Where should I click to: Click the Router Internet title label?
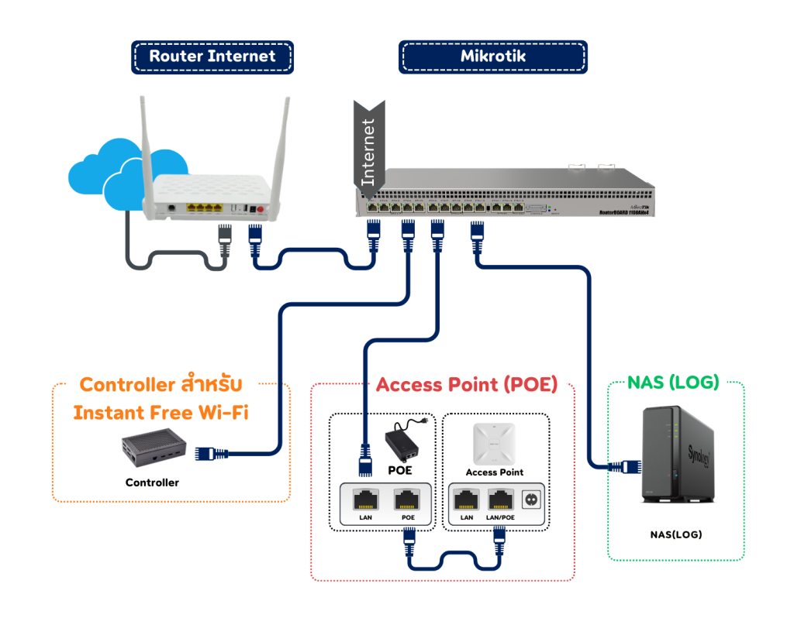[212, 57]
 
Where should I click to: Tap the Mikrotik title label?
[492, 57]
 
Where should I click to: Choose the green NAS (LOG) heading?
[673, 383]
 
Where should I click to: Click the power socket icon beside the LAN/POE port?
[533, 498]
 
